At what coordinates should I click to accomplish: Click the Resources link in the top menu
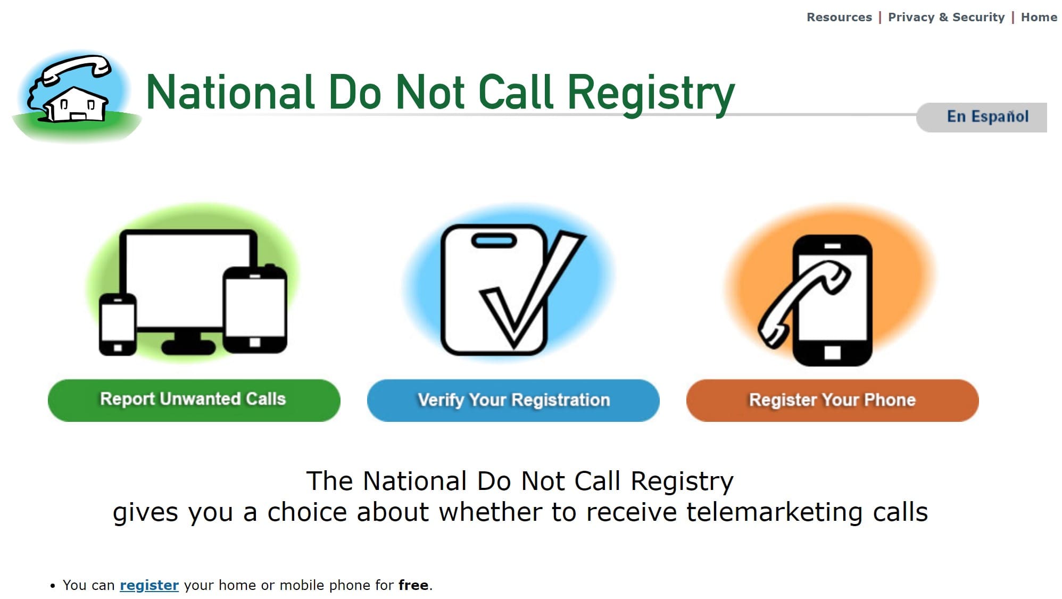click(x=839, y=17)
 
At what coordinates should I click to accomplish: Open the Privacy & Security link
click(x=946, y=17)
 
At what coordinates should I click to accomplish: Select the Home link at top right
click(x=1039, y=17)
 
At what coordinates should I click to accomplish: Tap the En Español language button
click(x=987, y=117)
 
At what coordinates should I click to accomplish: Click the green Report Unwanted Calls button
click(x=194, y=400)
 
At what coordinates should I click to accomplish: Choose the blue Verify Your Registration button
click(x=513, y=400)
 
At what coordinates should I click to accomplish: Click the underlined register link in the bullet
click(x=149, y=585)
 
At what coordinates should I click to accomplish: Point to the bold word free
click(x=413, y=585)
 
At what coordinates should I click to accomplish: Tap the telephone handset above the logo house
click(x=77, y=69)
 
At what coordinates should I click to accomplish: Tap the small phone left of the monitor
click(x=118, y=323)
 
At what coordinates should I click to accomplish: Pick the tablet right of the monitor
click(x=255, y=309)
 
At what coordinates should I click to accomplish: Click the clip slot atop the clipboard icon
click(x=494, y=241)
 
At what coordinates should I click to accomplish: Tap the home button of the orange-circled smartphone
click(x=832, y=352)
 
